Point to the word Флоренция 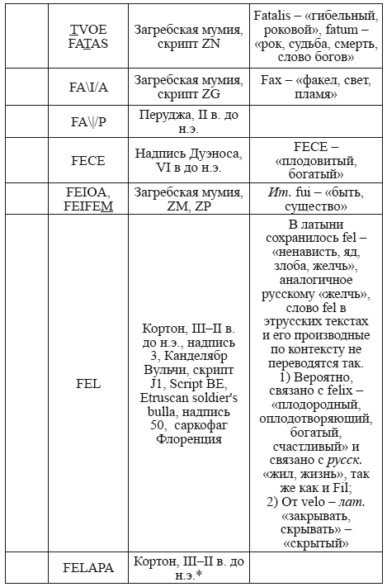pyautogui.click(x=190, y=440)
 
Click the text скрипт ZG pyautogui.click(x=190, y=96)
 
